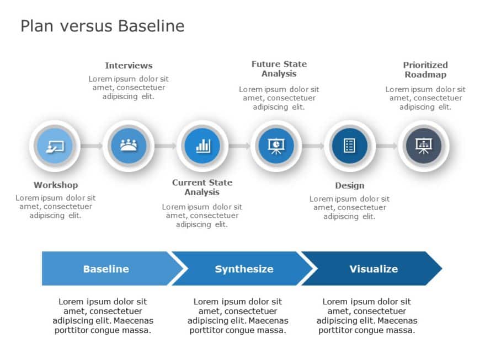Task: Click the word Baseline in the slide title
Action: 150,26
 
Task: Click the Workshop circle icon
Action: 55,146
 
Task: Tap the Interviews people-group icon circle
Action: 129,146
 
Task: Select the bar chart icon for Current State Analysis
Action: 202,146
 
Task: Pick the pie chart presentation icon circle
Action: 276,146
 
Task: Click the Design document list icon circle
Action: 349,146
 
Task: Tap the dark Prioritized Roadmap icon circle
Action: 423,146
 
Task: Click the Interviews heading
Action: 129,66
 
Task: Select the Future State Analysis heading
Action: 279,69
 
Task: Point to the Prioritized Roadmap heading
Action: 425,69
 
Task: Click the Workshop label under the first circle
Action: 55,185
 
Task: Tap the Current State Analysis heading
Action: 202,187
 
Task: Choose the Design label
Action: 349,186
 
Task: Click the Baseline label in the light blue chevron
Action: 106,269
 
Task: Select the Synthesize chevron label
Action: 244,269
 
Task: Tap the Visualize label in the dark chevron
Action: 374,269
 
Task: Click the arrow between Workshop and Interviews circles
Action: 92,146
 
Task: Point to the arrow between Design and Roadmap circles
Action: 386,146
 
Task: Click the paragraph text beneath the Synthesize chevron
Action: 238,316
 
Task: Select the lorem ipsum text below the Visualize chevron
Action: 367,316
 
